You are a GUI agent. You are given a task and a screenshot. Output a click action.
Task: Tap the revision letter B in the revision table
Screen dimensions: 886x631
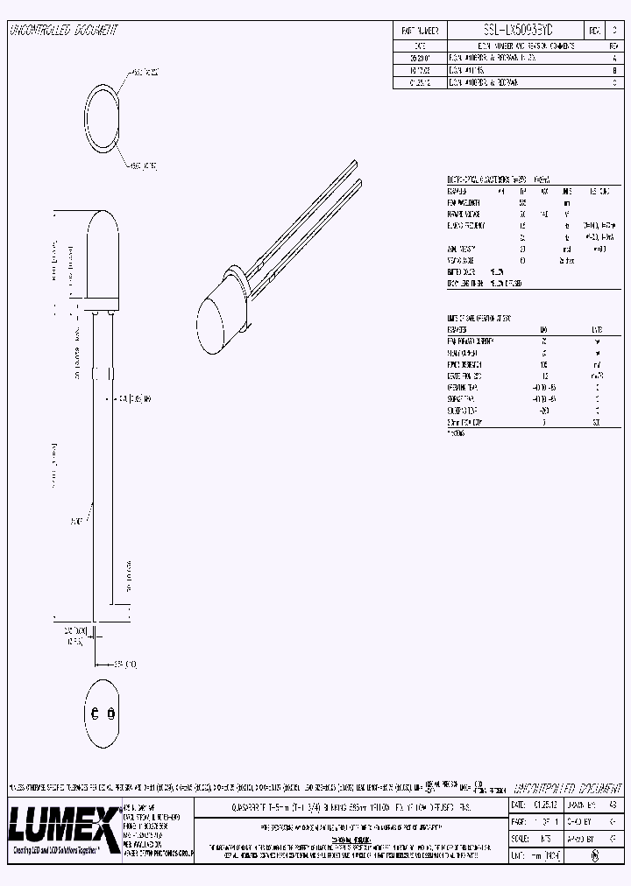point(613,67)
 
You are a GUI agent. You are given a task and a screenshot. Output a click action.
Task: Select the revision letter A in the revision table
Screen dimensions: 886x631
point(613,55)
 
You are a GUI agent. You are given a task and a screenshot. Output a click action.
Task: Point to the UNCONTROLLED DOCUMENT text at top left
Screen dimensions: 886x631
point(62,31)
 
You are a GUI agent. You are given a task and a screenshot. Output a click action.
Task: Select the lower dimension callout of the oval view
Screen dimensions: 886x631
point(142,164)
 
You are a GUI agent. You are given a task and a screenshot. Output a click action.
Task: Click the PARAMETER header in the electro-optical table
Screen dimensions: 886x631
point(457,189)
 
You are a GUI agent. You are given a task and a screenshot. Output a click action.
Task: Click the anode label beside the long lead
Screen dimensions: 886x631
point(78,520)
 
